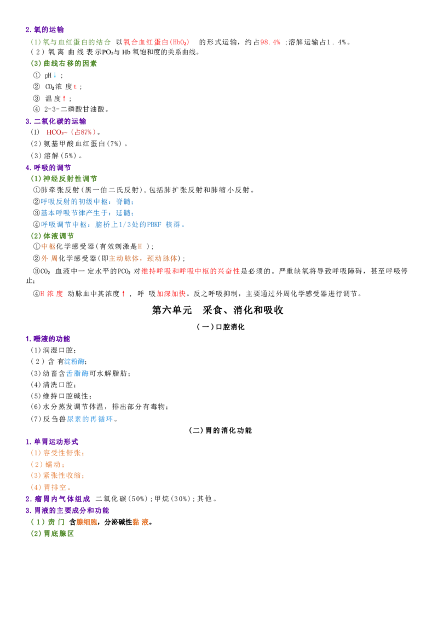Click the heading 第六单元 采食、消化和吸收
coord(217,310)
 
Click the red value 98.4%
coord(270,42)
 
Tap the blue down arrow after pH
coord(55,75)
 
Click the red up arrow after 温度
coord(64,99)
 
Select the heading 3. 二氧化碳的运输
coord(56,121)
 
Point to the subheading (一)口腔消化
coord(221,327)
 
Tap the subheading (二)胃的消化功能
coord(220,430)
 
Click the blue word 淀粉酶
coord(74,361)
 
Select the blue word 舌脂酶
coord(77,373)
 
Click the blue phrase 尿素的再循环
coord(90,419)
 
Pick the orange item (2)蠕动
coord(48,465)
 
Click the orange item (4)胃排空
coord(50,488)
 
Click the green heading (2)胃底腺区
coord(53,534)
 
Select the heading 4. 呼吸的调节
coord(48,168)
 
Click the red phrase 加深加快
coord(171,294)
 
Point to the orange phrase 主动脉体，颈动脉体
coord(142,258)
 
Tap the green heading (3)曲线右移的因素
coord(64,63)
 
